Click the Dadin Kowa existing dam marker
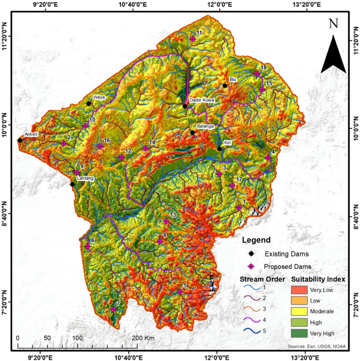[185, 106]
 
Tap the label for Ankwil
[32, 134]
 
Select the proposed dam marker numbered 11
[193, 38]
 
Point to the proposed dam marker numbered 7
[113, 310]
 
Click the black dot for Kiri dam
[220, 148]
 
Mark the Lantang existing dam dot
[73, 184]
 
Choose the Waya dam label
[99, 97]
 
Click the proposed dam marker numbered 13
[166, 221]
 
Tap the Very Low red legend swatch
[302, 289]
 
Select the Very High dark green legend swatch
[302, 333]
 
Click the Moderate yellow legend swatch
[302, 312]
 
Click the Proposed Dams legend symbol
[251, 266]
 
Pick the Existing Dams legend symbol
[251, 254]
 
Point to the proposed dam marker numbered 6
[88, 246]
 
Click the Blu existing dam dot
[225, 86]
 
